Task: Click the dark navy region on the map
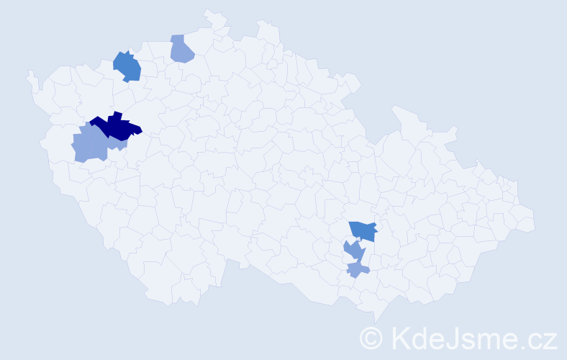(x=115, y=127)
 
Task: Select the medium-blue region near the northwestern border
(x=127, y=66)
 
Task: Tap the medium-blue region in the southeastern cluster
(x=363, y=230)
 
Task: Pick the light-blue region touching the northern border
(x=181, y=49)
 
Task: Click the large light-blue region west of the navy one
(x=90, y=146)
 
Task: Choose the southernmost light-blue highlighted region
(x=358, y=270)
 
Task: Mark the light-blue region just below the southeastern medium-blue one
(x=354, y=251)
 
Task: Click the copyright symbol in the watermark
(x=371, y=337)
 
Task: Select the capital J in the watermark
(x=453, y=337)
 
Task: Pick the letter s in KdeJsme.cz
(x=469, y=339)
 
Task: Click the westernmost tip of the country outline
(x=28, y=73)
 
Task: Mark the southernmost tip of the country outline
(x=376, y=322)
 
